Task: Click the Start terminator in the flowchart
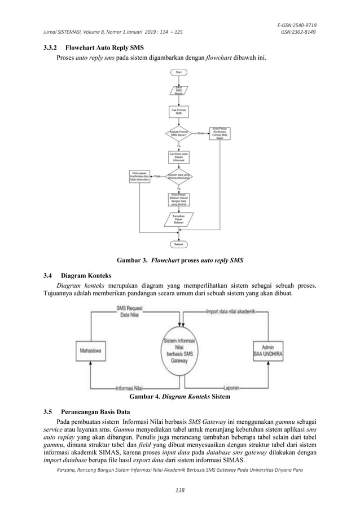tap(179, 73)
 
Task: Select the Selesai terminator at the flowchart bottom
tap(179, 244)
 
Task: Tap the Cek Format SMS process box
tap(179, 111)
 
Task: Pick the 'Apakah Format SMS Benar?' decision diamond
tap(179, 133)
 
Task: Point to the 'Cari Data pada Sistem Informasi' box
tap(179, 156)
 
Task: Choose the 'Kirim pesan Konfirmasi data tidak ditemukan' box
tap(139, 176)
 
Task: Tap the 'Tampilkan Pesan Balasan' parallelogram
tap(179, 220)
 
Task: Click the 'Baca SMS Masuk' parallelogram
tap(179, 90)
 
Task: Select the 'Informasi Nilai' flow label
tap(129, 388)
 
